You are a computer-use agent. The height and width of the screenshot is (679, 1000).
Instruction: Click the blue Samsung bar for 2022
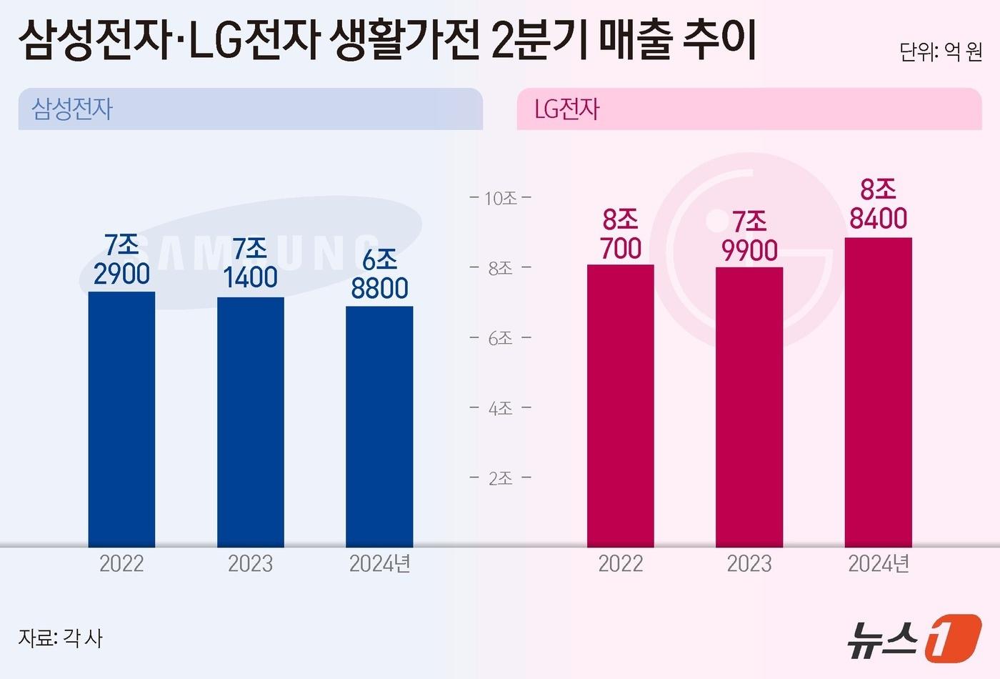pos(121,420)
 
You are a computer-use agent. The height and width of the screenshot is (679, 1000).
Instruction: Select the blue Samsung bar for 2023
pos(250,422)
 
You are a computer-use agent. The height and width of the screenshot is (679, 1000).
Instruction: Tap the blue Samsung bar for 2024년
pos(379,427)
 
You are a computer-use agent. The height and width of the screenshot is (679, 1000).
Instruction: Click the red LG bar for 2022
pos(620,406)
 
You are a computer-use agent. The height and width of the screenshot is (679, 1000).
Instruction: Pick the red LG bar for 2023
pos(749,407)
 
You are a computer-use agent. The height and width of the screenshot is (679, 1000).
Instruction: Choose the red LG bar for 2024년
pos(878,392)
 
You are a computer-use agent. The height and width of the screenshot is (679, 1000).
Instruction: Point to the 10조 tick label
pos(501,198)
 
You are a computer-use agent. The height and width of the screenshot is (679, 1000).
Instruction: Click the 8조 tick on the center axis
pos(501,268)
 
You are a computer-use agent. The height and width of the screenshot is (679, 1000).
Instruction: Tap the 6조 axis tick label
pos(501,338)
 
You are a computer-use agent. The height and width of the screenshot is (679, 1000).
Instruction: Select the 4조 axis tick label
pos(501,408)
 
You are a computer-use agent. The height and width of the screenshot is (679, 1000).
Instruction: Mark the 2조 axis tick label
pos(501,478)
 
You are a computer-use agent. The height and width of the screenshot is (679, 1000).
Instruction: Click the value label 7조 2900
pos(121,259)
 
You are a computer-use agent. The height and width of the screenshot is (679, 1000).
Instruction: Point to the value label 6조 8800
pos(379,274)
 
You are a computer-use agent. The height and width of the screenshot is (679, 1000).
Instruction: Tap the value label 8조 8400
pos(878,204)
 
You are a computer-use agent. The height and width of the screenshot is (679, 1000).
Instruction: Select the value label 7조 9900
pos(749,237)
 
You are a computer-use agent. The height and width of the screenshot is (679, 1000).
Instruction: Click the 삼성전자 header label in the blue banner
pos(72,109)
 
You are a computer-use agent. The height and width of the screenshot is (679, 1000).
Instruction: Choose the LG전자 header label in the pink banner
pos(566,109)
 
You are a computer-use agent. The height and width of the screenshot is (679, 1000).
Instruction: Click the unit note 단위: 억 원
pos(941,52)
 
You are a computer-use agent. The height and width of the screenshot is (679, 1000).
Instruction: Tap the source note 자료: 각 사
pos(61,638)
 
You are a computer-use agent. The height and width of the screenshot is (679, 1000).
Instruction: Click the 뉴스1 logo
pos(914,635)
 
